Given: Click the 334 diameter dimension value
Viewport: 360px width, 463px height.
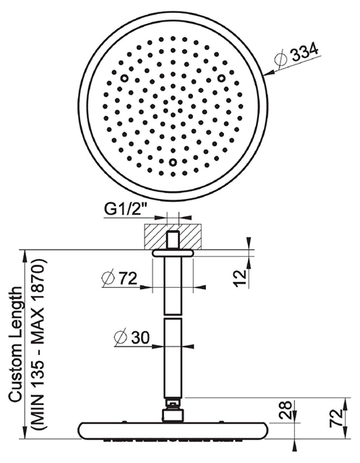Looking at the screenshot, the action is pyautogui.click(x=305, y=52).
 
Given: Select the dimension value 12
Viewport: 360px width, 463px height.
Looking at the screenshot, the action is pyautogui.click(x=241, y=277).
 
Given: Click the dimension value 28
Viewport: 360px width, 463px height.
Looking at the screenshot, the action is pyautogui.click(x=286, y=410).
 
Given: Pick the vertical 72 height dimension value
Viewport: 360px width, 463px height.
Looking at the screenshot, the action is pyautogui.click(x=336, y=417).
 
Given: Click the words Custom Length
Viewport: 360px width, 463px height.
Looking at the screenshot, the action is pyautogui.click(x=15, y=344).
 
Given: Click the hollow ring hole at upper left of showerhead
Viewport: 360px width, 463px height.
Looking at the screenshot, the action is pyautogui.click(x=124, y=78).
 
